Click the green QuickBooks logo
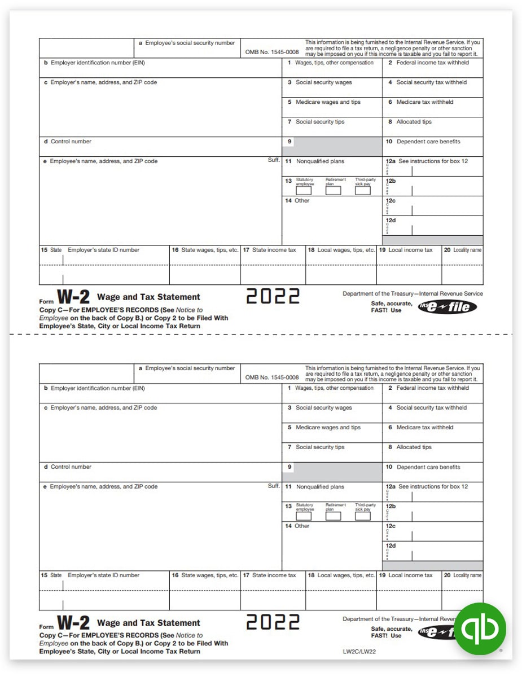tap(481, 628)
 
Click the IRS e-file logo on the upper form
tap(447, 307)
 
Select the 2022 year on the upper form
tap(273, 296)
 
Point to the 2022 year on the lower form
tap(273, 622)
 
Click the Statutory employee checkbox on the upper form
tap(304, 191)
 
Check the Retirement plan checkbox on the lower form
tap(333, 516)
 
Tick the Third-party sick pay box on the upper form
tap(363, 191)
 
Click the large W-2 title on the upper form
tap(73, 298)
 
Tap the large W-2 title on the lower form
tap(73, 623)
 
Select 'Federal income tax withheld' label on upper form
tap(432, 63)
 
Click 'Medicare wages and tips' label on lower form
tap(328, 428)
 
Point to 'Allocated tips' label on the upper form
tap(414, 122)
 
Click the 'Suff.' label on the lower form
tap(274, 486)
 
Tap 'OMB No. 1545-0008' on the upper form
tap(271, 52)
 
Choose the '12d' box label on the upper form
tap(391, 221)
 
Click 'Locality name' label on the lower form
tap(467, 575)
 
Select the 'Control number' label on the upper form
tap(71, 142)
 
